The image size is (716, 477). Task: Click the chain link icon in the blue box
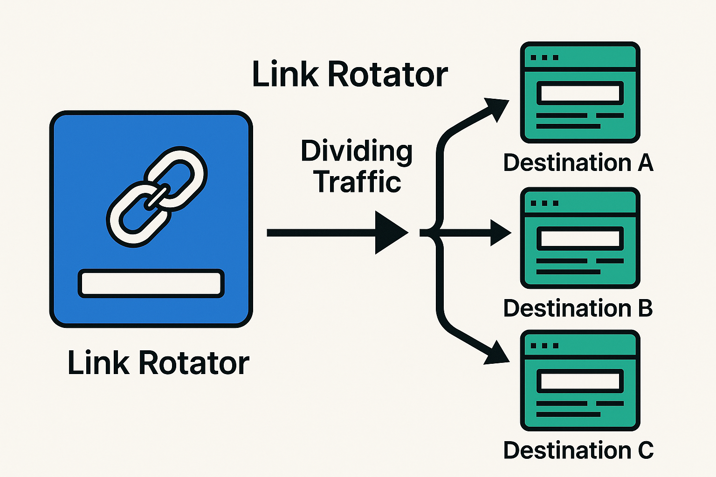coord(158,197)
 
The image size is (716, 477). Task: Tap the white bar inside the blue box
coord(151,283)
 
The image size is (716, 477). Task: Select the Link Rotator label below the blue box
coord(158,363)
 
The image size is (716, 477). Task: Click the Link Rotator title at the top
coord(350,75)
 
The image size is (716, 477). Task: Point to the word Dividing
coord(357,151)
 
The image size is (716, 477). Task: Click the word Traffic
coord(357,182)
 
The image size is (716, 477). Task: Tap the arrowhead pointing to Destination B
coord(501,232)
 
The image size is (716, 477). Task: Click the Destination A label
coord(578,163)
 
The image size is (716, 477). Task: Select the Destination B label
coord(578,308)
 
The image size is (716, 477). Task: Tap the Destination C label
coord(578,450)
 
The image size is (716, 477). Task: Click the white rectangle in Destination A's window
coord(580,93)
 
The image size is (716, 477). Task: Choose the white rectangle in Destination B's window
coord(580,239)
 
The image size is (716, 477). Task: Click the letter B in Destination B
coord(645,308)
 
